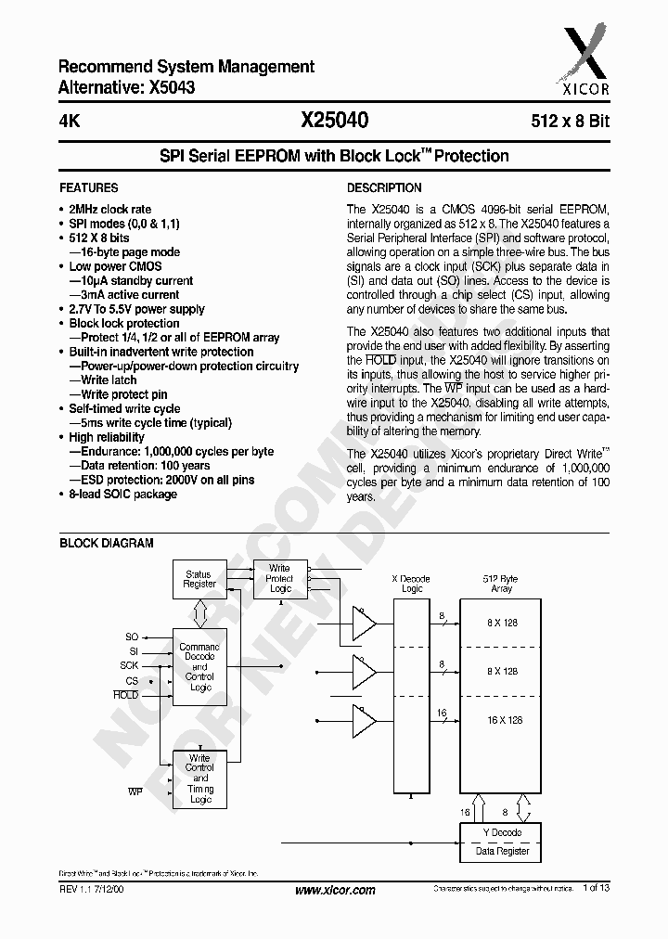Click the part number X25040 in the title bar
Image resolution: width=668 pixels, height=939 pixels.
pos(334,121)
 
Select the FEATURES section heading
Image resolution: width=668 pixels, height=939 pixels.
pos(88,187)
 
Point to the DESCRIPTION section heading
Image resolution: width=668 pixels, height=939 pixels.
pos(384,187)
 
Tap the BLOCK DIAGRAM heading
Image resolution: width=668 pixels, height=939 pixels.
pos(107,543)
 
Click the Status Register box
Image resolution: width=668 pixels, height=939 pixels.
pos(199,579)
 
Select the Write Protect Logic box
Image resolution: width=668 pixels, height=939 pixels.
pos(279,578)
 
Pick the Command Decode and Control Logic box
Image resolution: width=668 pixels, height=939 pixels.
pos(199,667)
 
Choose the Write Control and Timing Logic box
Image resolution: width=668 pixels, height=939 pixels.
pos(199,778)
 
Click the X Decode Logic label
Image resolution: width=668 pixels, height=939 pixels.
pos(412,583)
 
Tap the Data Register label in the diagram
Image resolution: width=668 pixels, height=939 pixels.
pos(502,851)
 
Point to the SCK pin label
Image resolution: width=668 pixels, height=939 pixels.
pos(129,665)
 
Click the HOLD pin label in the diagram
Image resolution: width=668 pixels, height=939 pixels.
pos(126,694)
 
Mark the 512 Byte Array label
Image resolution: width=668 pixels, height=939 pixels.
pos(501,583)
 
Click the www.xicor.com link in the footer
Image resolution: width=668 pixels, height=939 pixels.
pos(334,890)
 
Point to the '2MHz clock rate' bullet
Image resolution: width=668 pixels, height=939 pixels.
pos(110,210)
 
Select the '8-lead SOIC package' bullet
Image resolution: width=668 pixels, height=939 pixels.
pos(122,494)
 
